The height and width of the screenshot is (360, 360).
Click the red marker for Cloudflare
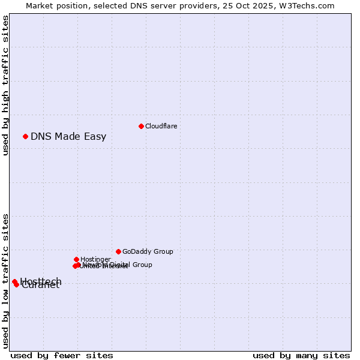(x=141, y=126)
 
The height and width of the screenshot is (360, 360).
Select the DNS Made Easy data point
(x=25, y=136)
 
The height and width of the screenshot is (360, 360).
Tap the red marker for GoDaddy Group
(x=118, y=251)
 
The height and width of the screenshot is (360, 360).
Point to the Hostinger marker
(x=76, y=259)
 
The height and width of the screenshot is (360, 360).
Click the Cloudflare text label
(x=161, y=126)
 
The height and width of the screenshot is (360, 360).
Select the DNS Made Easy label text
(x=68, y=136)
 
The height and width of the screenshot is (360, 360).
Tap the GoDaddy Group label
(x=148, y=251)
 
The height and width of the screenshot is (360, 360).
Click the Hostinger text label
(x=95, y=259)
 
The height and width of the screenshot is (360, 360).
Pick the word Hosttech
(x=41, y=281)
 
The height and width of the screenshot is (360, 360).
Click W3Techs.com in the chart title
(x=307, y=5)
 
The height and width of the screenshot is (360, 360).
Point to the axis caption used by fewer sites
(x=62, y=355)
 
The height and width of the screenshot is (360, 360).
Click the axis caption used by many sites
(x=301, y=355)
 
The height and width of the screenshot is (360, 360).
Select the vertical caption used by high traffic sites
(x=5, y=85)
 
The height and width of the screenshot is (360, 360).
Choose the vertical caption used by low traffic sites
(x=5, y=280)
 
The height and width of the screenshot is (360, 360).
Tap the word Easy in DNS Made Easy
(x=95, y=136)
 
